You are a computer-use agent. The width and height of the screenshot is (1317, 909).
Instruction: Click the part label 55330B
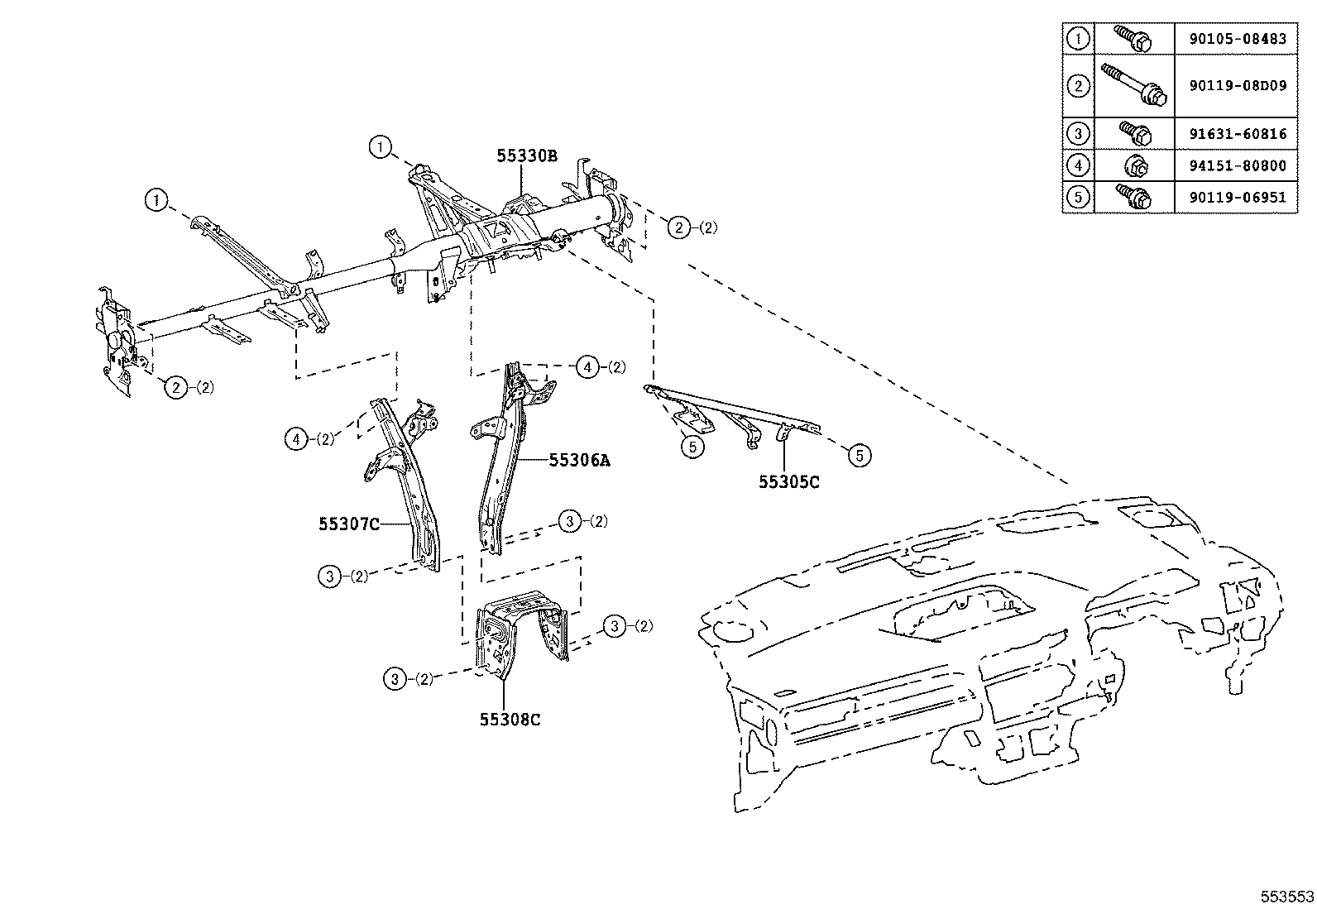526,155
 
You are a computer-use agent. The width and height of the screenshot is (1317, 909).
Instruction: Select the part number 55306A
578,462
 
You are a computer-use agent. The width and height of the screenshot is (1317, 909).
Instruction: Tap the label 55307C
348,524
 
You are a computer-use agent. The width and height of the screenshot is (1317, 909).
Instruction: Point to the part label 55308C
510,720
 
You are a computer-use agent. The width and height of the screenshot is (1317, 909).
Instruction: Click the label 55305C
789,482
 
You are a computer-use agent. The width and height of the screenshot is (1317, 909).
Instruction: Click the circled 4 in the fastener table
1077,166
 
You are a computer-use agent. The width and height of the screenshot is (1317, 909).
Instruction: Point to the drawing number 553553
1287,897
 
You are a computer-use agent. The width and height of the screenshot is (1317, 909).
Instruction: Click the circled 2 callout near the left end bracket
176,387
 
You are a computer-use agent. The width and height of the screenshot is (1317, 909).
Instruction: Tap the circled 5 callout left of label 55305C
692,447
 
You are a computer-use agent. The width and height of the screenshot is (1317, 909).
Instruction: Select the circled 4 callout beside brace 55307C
296,439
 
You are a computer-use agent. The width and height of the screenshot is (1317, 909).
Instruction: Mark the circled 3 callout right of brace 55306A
569,521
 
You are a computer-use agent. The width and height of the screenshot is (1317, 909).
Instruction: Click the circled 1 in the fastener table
1077,39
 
